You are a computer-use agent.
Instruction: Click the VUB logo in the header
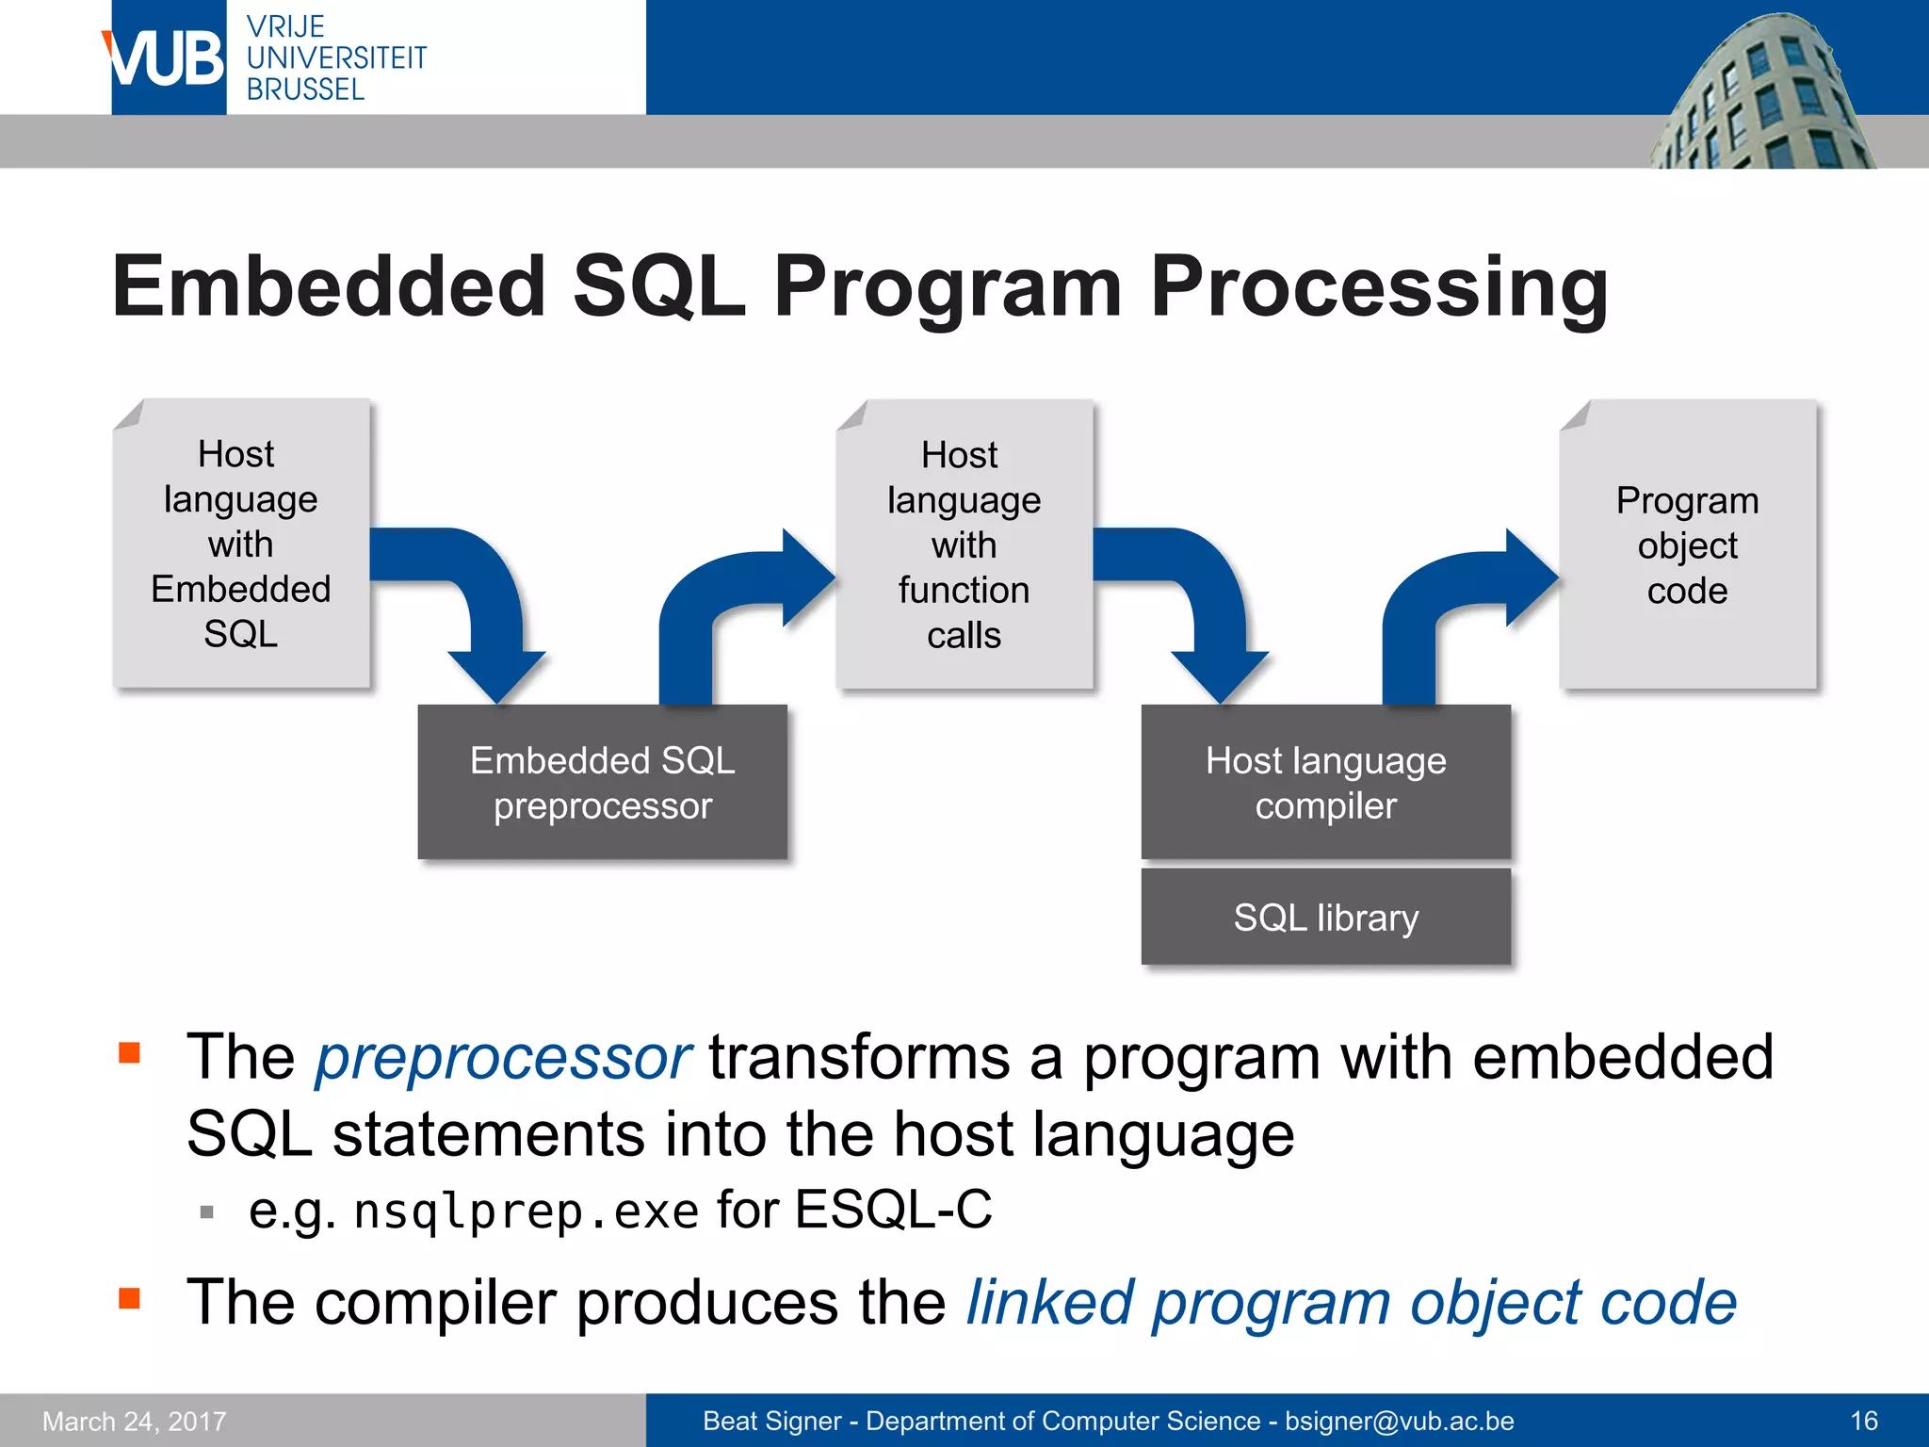[x=168, y=57]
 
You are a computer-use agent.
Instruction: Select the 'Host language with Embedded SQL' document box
[x=241, y=544]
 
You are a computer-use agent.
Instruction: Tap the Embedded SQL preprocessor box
[x=602, y=782]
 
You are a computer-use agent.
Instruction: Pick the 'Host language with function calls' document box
[x=964, y=545]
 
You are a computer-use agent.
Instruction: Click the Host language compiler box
[x=1325, y=782]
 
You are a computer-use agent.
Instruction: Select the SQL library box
[x=1325, y=918]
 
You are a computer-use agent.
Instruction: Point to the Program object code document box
[x=1687, y=545]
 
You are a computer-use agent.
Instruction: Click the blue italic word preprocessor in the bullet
[x=502, y=1058]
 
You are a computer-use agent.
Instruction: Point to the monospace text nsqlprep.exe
[x=526, y=1211]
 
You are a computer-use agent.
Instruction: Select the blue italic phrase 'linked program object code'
[x=1351, y=1304]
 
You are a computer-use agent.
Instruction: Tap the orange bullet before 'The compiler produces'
[x=129, y=1299]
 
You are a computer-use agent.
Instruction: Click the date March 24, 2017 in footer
[x=135, y=1421]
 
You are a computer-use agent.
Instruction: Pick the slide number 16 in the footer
[x=1863, y=1421]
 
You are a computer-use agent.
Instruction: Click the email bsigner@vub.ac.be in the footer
[x=1399, y=1421]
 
